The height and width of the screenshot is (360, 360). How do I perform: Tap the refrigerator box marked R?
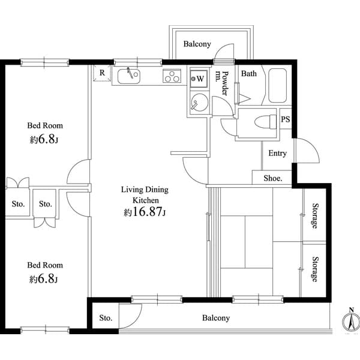tap(102, 73)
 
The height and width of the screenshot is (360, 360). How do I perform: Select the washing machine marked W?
tap(199, 78)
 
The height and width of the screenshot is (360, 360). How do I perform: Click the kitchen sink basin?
tap(128, 76)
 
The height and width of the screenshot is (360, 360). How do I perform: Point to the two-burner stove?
tap(172, 76)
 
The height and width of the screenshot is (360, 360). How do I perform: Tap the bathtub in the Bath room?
tap(278, 86)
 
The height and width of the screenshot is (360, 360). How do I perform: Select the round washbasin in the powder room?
tap(198, 104)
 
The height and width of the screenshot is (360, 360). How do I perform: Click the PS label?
tap(286, 119)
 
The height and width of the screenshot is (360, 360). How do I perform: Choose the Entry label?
tap(277, 154)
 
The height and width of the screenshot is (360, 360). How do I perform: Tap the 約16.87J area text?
tap(145, 212)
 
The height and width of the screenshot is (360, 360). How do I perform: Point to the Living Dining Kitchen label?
tap(145, 194)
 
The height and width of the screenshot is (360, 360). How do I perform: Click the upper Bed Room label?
tap(44, 126)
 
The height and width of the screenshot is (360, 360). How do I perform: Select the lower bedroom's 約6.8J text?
tap(44, 279)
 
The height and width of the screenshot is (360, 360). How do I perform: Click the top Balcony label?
tap(196, 44)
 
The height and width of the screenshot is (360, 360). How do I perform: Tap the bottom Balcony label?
tap(215, 318)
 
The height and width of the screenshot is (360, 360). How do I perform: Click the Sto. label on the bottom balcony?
tap(106, 317)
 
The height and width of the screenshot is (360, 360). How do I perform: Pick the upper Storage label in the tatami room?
tap(314, 217)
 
